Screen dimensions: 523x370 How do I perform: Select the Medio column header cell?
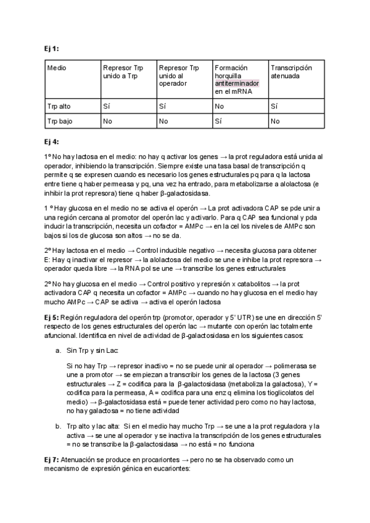click(57, 67)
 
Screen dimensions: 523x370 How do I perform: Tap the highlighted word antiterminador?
click(237, 83)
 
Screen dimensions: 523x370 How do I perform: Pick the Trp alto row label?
click(59, 106)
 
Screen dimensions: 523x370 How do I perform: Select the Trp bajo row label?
click(60, 121)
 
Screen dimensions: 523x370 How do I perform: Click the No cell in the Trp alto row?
click(219, 106)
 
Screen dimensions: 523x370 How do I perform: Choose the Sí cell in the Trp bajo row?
click(219, 121)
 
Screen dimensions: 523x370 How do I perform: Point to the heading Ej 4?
click(52, 141)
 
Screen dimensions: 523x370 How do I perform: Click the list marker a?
click(59, 350)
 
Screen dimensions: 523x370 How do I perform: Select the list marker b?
click(59, 426)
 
